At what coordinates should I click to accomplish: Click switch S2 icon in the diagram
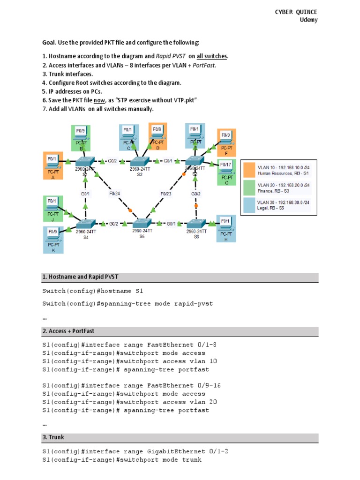[139, 161]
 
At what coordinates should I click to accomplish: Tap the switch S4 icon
[86, 223]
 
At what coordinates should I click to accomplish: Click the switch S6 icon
[196, 223]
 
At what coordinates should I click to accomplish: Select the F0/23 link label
[166, 193]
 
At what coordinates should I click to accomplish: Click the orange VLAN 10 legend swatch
[248, 169]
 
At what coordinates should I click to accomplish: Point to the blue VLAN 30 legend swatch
[248, 205]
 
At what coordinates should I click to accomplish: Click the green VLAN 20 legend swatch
[248, 187]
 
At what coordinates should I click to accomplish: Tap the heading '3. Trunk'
[53, 437]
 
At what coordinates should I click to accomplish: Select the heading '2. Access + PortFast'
[68, 331]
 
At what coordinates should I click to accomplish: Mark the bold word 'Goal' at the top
[49, 43]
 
